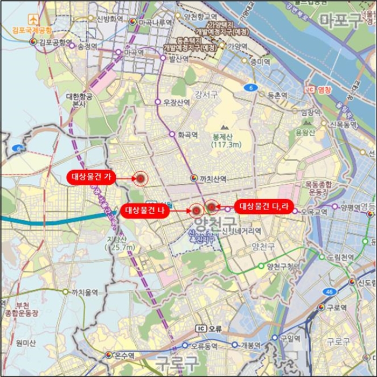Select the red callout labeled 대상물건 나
tap(145, 211)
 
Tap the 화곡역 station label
tap(187, 135)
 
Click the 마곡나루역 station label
tap(155, 22)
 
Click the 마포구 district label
tap(341, 22)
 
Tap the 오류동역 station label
tap(204, 345)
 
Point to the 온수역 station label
tap(124, 355)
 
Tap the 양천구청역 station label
tap(282, 266)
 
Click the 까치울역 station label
tap(85, 292)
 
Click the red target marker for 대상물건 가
tap(140, 179)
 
